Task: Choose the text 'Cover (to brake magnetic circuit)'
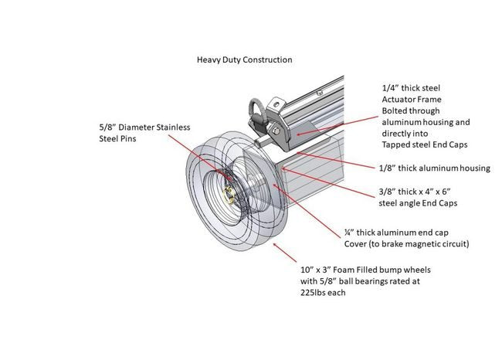coord(407,243)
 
